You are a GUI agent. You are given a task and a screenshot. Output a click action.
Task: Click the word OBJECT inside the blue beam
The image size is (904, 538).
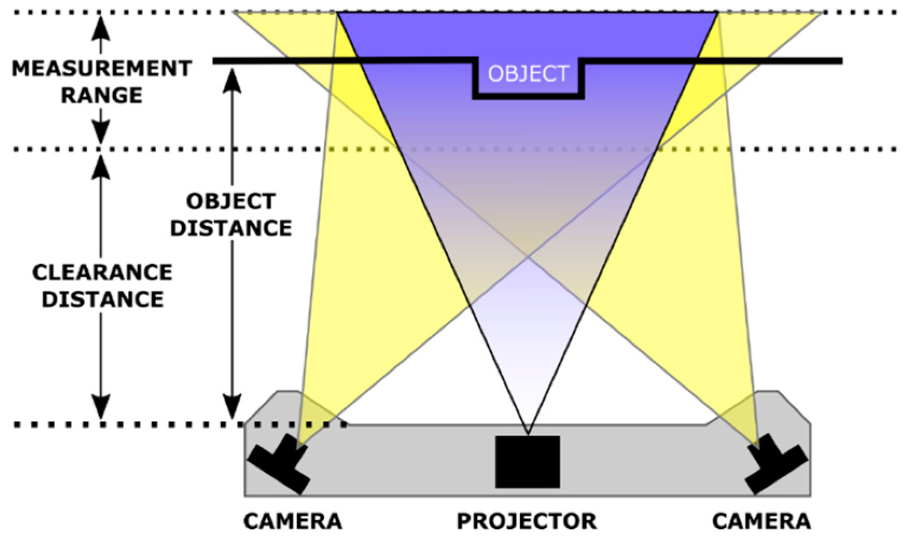pyautogui.click(x=528, y=73)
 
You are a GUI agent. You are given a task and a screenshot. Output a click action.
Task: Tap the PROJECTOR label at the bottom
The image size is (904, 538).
pyautogui.click(x=527, y=521)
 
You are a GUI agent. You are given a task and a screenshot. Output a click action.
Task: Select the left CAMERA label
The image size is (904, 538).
pyautogui.click(x=292, y=521)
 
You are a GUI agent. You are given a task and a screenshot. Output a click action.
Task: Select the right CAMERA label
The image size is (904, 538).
pyautogui.click(x=761, y=521)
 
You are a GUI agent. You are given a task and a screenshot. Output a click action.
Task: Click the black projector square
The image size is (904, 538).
pyautogui.click(x=528, y=462)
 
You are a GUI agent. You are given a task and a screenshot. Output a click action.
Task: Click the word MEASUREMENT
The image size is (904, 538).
pyautogui.click(x=102, y=69)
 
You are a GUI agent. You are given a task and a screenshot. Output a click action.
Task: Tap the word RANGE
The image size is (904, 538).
pyautogui.click(x=102, y=95)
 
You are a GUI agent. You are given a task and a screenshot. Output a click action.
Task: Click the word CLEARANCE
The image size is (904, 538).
pyautogui.click(x=102, y=272)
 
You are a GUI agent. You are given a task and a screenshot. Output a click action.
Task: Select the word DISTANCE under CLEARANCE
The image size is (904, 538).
pyautogui.click(x=102, y=299)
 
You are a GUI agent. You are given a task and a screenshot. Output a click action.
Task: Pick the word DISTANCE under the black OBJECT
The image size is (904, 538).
pyautogui.click(x=231, y=228)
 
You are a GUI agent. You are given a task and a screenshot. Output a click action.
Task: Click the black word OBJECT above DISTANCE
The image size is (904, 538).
pyautogui.click(x=231, y=201)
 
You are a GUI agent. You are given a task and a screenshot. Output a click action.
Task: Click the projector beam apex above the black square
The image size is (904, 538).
pyautogui.click(x=528, y=432)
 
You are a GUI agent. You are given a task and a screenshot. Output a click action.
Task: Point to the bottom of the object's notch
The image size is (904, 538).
pyautogui.click(x=528, y=97)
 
